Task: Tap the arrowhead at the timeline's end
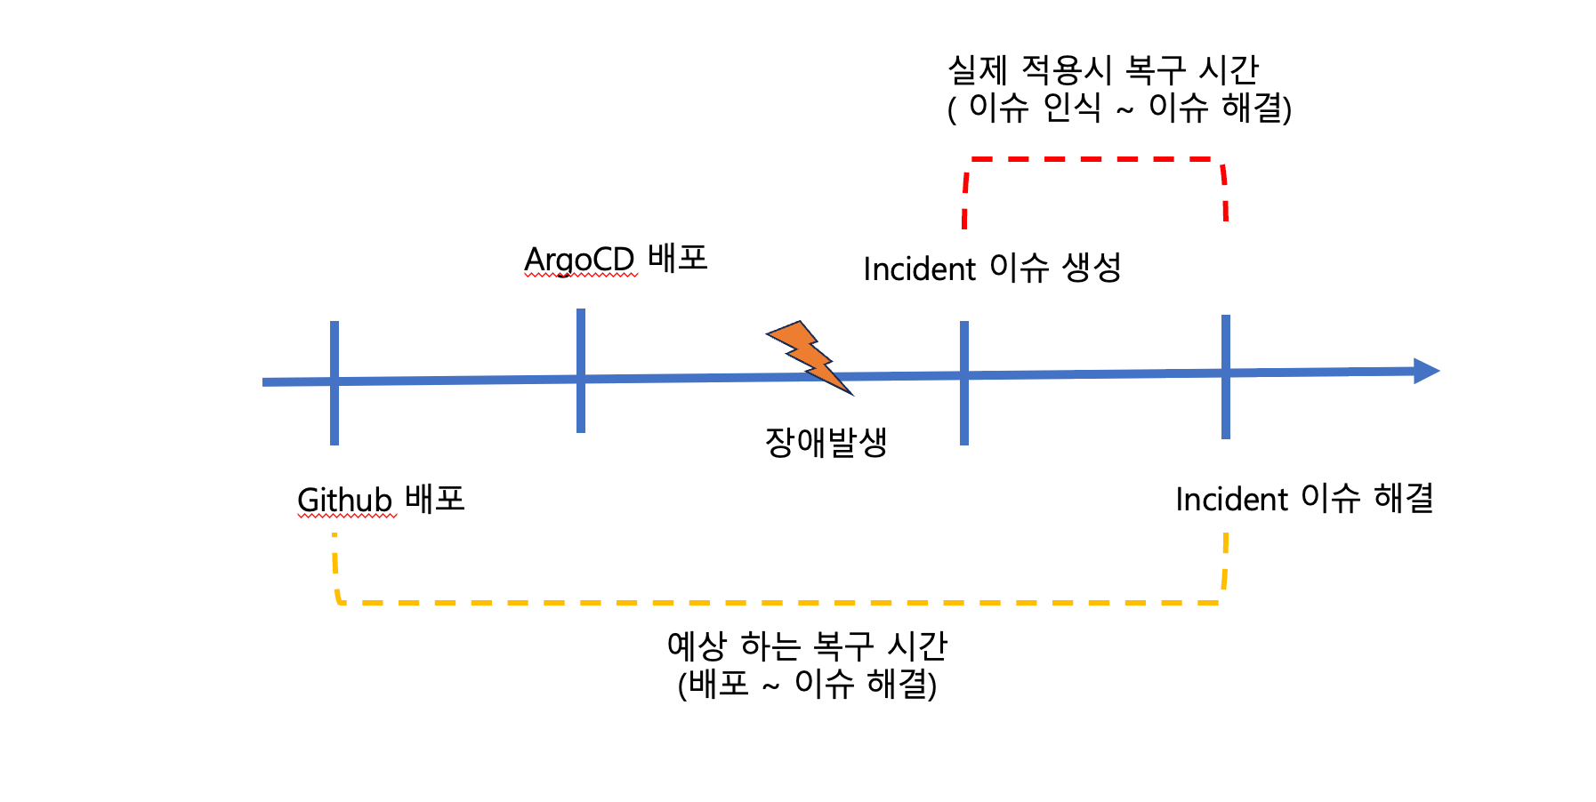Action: coord(1426,371)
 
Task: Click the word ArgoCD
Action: coord(579,260)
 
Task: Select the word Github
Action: coord(344,500)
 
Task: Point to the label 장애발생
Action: coord(826,442)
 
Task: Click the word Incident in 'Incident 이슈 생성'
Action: coord(920,269)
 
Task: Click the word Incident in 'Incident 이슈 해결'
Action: coord(1231,499)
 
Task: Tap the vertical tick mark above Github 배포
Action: coord(335,382)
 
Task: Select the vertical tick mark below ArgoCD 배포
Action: coord(581,371)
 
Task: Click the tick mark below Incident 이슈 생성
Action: coord(964,382)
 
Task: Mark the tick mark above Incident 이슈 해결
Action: coord(1226,377)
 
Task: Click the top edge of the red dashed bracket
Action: coord(1094,159)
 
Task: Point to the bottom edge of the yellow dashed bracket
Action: coord(780,603)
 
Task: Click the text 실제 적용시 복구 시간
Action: coord(1103,69)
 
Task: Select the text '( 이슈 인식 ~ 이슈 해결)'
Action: coord(1119,108)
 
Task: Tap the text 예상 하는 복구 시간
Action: coord(807,646)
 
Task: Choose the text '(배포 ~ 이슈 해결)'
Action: coord(807,684)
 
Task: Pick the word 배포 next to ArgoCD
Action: coord(678,258)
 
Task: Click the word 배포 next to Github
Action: coord(435,498)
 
